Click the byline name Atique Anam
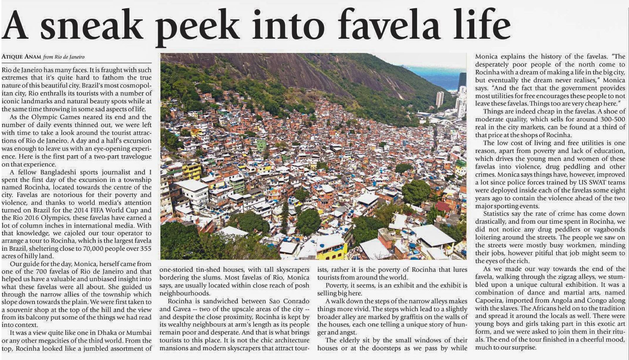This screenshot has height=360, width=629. click(x=21, y=57)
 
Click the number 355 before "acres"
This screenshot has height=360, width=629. click(x=145, y=248)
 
